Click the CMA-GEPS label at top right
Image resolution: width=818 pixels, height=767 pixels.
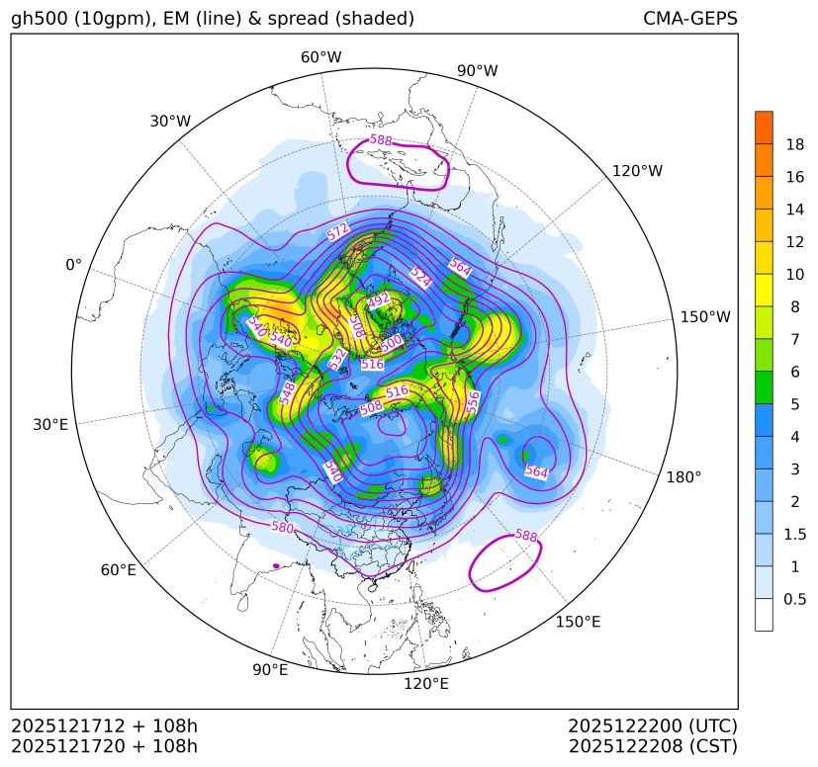[x=689, y=19]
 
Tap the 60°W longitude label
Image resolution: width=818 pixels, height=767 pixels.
[x=320, y=57]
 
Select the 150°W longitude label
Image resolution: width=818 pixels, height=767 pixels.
[x=705, y=317]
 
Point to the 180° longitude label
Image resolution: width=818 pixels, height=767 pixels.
[x=683, y=476]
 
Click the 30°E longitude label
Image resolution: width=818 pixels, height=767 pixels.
[x=50, y=425]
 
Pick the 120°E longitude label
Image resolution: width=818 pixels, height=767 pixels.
[x=426, y=683]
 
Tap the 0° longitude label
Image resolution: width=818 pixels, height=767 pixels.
[x=73, y=265]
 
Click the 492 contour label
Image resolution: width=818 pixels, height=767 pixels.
[x=379, y=299]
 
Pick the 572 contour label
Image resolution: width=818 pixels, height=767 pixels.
[x=338, y=232]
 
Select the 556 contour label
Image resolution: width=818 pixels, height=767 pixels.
[x=474, y=401]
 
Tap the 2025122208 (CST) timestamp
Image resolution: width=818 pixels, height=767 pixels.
[x=653, y=745]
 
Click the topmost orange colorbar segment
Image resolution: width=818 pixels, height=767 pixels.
[x=764, y=128]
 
